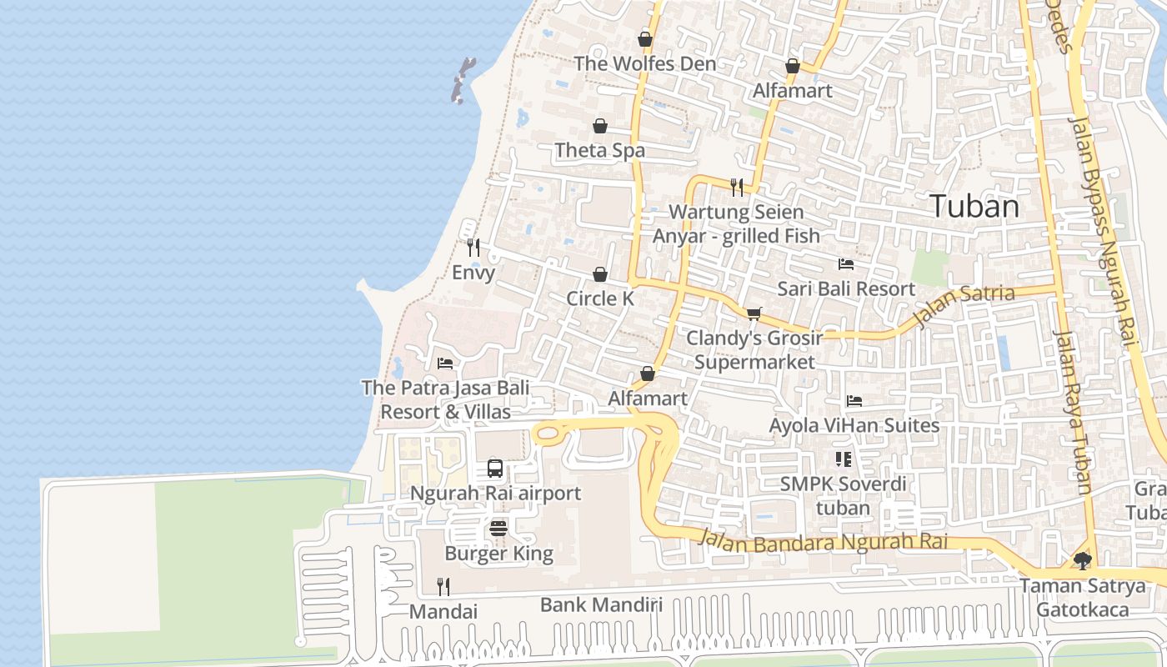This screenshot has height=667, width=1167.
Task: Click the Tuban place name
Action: pos(974,206)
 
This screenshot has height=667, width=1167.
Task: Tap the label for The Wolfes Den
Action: pos(644,64)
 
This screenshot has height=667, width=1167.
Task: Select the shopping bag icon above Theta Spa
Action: pos(600,126)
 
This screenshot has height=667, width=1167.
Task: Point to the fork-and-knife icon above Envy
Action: pos(473,248)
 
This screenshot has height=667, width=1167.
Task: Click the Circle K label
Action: pos(600,298)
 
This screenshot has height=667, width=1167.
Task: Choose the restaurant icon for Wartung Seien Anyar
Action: pos(737,187)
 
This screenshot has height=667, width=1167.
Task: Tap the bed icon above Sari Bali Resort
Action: pos(846,264)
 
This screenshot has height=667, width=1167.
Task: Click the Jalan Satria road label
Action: pos(964,305)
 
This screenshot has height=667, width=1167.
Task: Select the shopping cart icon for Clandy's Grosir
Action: pos(754,313)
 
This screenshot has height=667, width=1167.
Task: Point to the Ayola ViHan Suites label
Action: pos(854,425)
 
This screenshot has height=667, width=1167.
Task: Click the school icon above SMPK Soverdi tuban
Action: pos(843,459)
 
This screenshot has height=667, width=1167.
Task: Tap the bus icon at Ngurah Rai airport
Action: pos(495,469)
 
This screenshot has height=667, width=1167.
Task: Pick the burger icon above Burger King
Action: pos(498,528)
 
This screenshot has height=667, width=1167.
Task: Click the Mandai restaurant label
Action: pos(443,612)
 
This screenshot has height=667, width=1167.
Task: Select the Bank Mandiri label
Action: pos(601,604)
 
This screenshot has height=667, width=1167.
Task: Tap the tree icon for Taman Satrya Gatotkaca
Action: pos(1083,561)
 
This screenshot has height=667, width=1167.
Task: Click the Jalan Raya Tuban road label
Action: pos(1072,413)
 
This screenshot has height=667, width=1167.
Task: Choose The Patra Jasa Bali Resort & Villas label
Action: pos(445,399)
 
